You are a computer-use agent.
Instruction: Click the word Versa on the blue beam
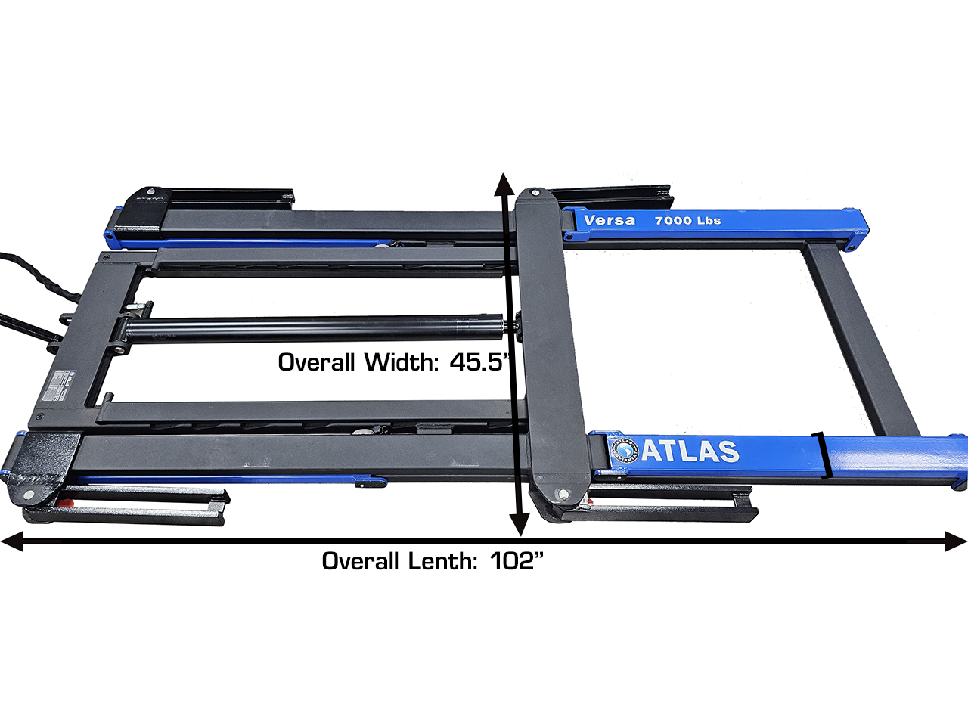(610, 220)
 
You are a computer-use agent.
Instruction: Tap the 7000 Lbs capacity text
(687, 220)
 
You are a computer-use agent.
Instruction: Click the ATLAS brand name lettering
(690, 451)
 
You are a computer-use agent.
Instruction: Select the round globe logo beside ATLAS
(625, 450)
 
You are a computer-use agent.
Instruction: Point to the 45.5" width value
(479, 362)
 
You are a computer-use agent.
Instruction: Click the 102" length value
(517, 561)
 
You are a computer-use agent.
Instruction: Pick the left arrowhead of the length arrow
(12, 541)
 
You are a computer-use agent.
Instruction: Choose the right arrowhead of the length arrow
(956, 541)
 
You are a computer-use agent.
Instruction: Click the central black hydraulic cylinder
(318, 328)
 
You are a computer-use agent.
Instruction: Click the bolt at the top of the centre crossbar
(533, 192)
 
